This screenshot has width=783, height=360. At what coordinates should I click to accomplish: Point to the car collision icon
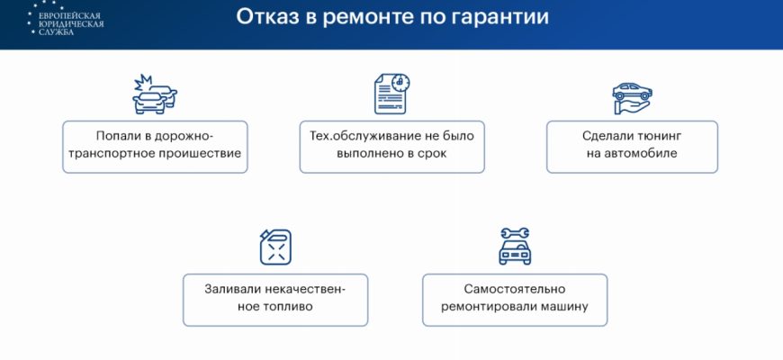(x=155, y=94)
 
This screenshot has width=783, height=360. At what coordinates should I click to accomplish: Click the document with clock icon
(x=392, y=94)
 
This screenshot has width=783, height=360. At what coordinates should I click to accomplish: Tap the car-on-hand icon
(x=632, y=98)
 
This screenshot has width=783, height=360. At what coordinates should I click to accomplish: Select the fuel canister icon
(x=275, y=247)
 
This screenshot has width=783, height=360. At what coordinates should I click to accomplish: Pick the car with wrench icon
(x=515, y=247)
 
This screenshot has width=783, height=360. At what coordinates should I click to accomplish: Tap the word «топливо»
(x=290, y=306)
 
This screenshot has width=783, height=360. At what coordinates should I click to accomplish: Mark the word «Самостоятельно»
(x=515, y=289)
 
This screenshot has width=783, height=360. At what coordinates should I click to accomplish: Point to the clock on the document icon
(x=400, y=83)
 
